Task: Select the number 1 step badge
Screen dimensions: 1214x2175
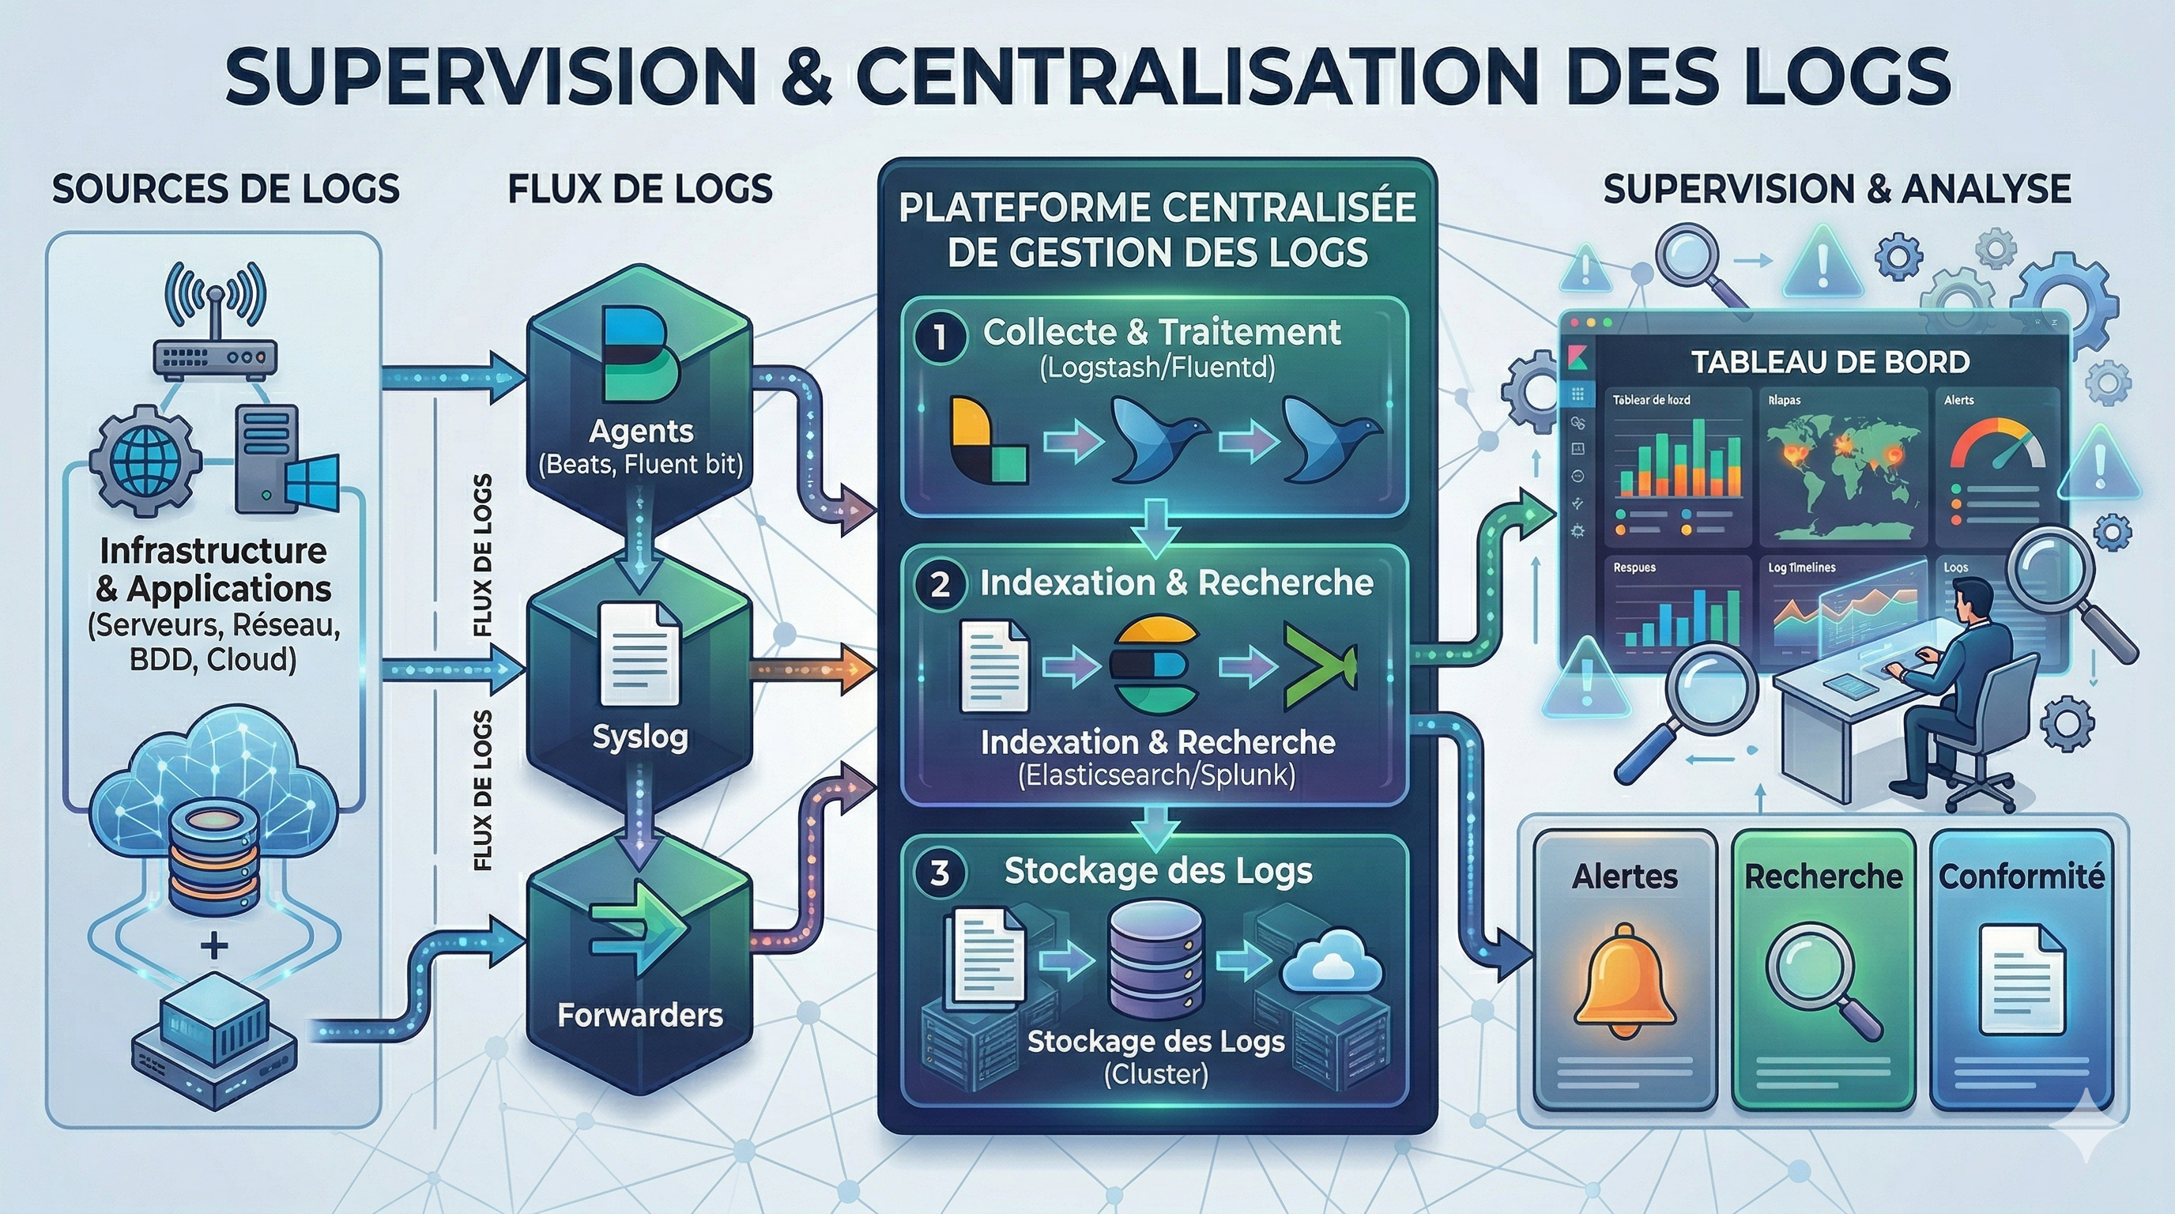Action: pyautogui.click(x=939, y=337)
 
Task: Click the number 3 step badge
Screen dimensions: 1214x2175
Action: pyautogui.click(x=939, y=872)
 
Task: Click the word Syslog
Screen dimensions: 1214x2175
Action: pyautogui.click(x=640, y=737)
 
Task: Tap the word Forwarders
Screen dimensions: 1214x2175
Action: pyautogui.click(x=640, y=1015)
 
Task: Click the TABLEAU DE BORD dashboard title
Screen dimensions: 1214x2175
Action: pyautogui.click(x=1830, y=361)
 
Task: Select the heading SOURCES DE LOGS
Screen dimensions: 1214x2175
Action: pyautogui.click(x=225, y=188)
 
